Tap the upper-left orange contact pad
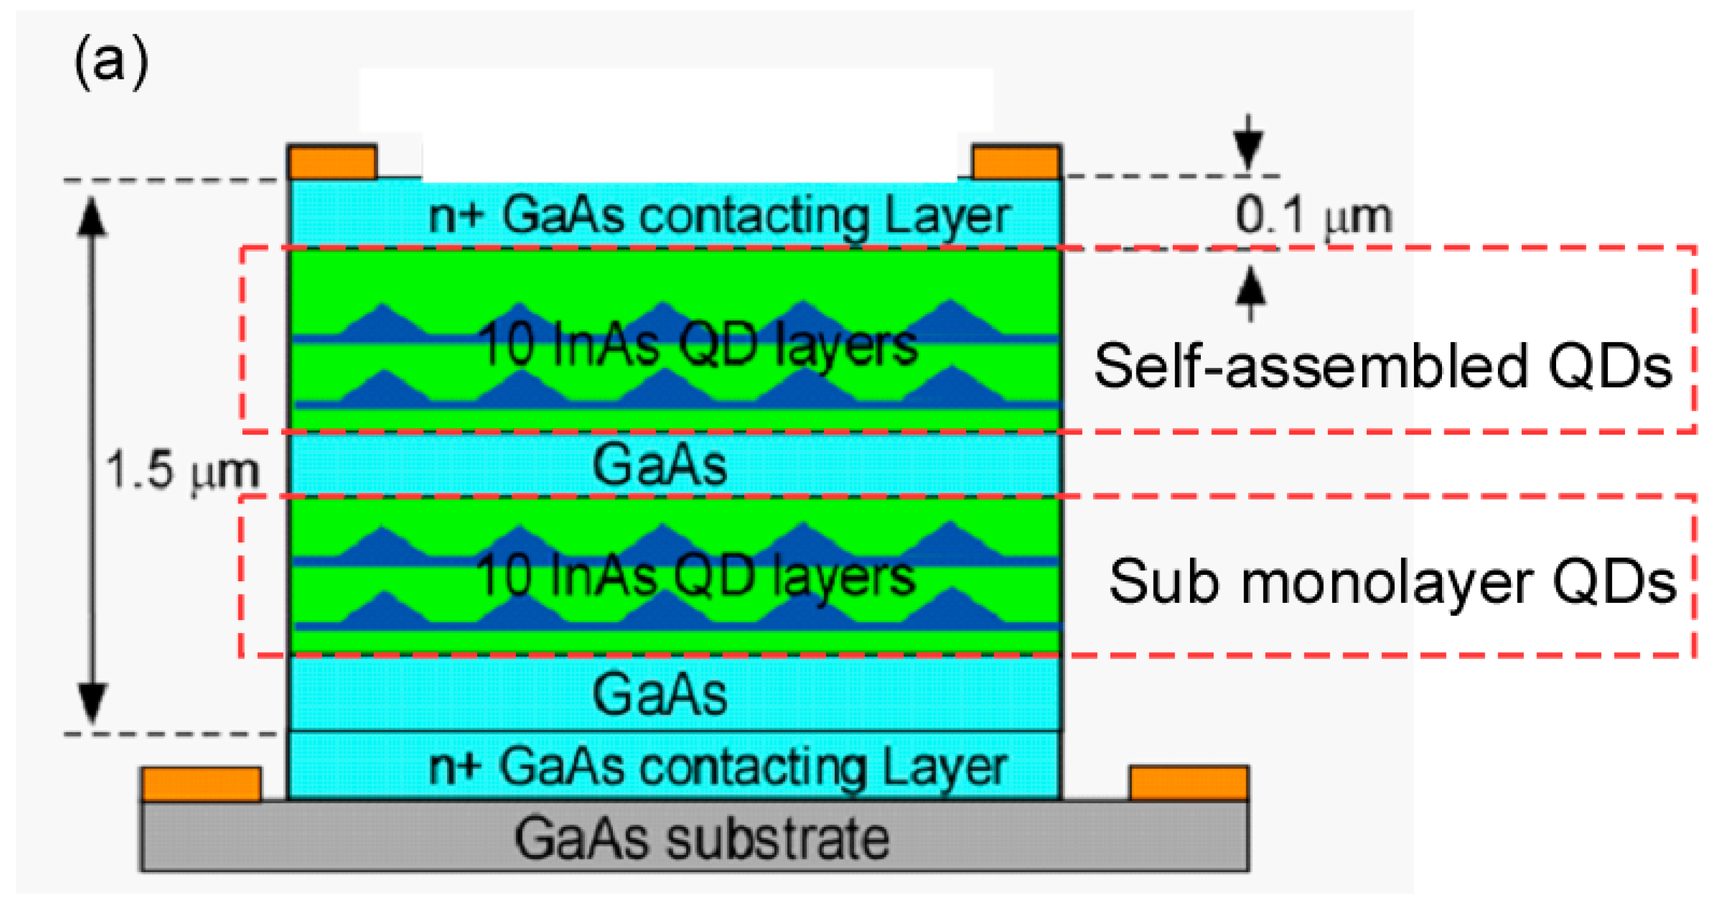(x=332, y=162)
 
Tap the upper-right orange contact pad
(x=1015, y=162)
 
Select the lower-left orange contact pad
(x=202, y=783)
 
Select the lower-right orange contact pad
(x=1188, y=783)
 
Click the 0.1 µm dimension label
(x=1313, y=216)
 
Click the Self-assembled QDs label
(x=1383, y=366)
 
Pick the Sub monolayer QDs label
(x=1392, y=583)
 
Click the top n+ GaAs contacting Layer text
(x=719, y=216)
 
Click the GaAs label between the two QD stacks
(x=659, y=465)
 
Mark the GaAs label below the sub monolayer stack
(x=659, y=694)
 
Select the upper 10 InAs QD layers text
(x=698, y=345)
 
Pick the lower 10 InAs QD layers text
(x=696, y=576)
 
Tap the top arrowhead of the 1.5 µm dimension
(x=92, y=216)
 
